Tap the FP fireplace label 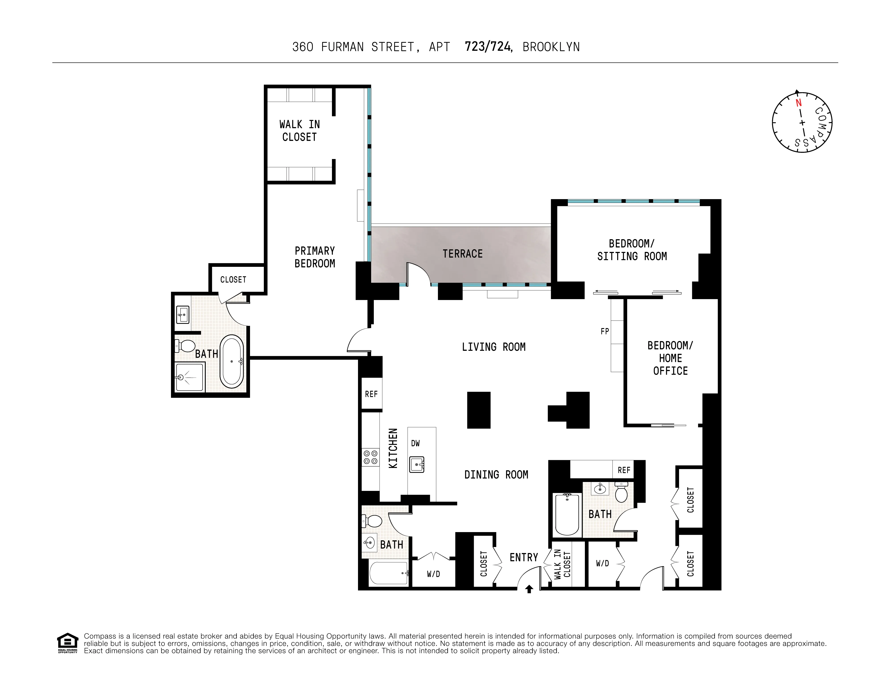click(x=605, y=331)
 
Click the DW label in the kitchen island click(x=415, y=443)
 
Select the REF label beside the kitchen click(x=371, y=394)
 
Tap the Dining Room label click(x=496, y=475)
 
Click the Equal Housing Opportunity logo click(x=67, y=643)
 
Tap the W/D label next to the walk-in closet click(x=602, y=563)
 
